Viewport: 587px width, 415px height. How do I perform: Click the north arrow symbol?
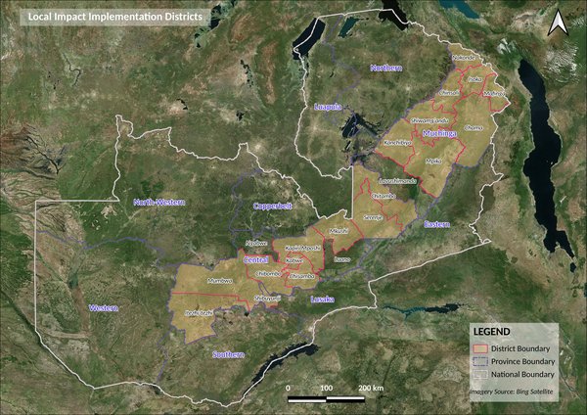[558, 23]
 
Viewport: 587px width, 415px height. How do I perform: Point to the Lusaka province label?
[321, 299]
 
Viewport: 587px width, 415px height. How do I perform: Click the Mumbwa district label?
[218, 281]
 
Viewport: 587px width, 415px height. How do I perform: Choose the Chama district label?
[475, 127]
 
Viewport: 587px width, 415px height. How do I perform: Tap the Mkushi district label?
[339, 230]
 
